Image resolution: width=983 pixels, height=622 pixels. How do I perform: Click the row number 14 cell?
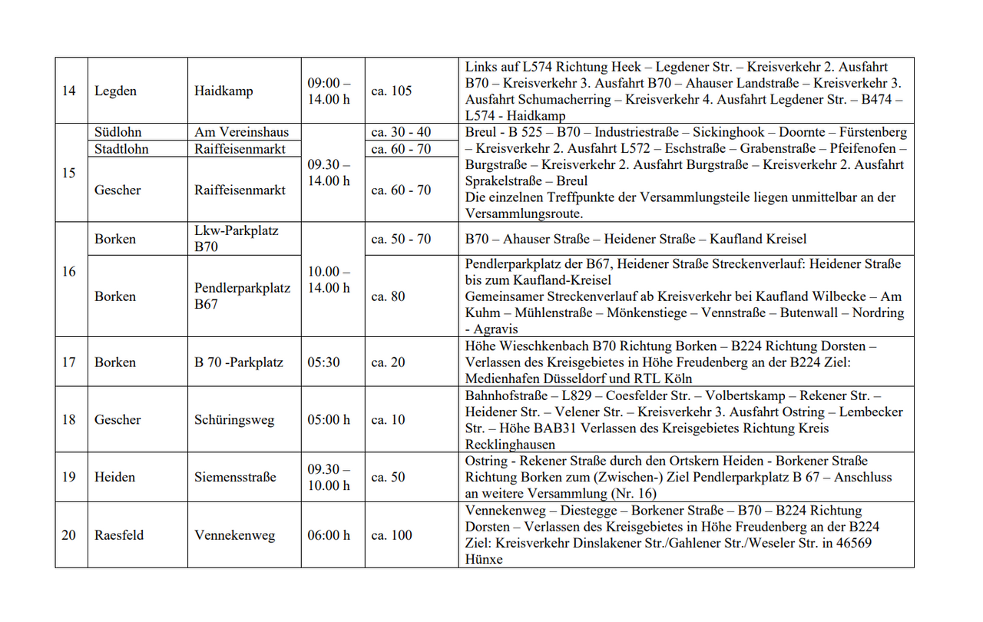(69, 91)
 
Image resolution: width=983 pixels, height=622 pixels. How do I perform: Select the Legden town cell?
(115, 91)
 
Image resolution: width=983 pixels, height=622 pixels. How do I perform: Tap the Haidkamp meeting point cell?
(223, 91)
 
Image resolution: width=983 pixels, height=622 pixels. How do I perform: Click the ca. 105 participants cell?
(392, 91)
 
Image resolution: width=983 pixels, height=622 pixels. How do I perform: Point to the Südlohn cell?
(118, 132)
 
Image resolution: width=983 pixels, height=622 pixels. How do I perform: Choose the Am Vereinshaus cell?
(241, 132)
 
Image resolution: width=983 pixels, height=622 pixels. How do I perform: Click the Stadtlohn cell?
(121, 149)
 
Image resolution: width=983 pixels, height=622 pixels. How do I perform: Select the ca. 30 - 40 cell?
(401, 132)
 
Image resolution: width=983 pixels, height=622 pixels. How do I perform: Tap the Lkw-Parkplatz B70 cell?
(237, 239)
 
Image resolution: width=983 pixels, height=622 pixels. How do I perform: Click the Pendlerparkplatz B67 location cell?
(243, 296)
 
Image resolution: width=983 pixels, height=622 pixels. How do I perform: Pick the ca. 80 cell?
(388, 296)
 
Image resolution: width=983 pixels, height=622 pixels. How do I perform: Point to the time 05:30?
(324, 362)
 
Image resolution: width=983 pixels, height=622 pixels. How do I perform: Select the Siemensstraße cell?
(234, 477)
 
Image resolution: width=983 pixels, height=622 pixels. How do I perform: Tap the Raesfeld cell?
(119, 535)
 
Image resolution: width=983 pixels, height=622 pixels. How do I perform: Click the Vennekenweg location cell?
(234, 535)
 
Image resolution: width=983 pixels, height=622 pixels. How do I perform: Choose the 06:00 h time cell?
(329, 535)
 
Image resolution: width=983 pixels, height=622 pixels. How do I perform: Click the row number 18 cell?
(69, 419)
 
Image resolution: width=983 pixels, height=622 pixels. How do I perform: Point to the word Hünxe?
(484, 560)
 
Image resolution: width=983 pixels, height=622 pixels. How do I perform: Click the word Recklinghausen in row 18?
(510, 445)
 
